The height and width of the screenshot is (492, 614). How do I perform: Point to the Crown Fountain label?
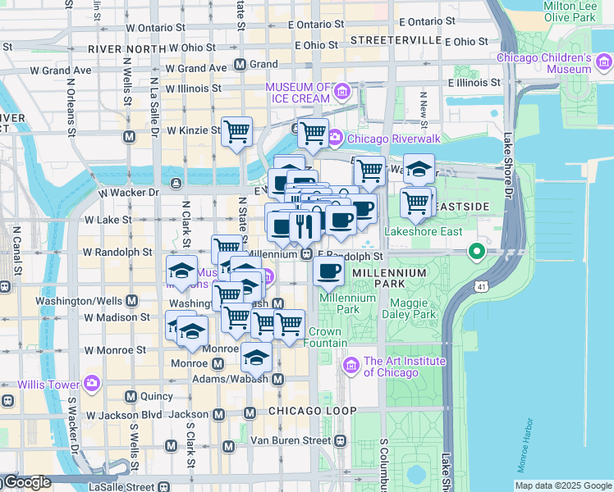pyautogui.click(x=325, y=337)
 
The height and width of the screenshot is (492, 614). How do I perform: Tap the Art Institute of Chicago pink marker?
pyautogui.click(x=352, y=364)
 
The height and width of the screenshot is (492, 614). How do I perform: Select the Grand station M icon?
pyautogui.click(x=241, y=64)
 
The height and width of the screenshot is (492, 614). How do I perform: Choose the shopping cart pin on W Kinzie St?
pyautogui.click(x=236, y=131)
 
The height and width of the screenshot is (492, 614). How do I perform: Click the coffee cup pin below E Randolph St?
pyautogui.click(x=329, y=271)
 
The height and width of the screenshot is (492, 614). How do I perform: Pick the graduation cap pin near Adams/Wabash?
pyautogui.click(x=257, y=357)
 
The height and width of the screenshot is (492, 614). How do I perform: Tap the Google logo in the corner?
pyautogui.click(x=26, y=482)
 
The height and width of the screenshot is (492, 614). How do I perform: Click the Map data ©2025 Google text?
pyautogui.click(x=562, y=485)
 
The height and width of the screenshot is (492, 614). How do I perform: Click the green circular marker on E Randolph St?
pyautogui.click(x=475, y=251)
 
